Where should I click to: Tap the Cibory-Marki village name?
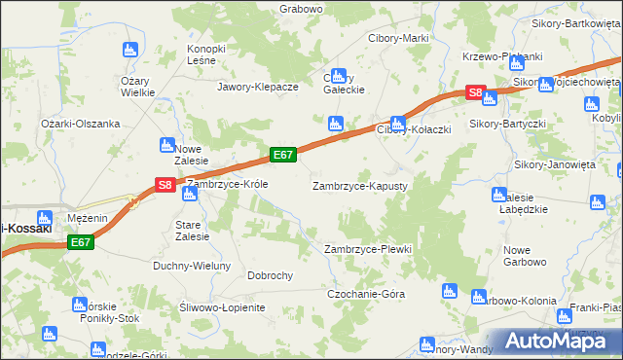398,38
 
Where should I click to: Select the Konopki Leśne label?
206,54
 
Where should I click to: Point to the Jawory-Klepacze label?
257,86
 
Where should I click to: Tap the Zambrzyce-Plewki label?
367,249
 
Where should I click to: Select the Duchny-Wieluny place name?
192,266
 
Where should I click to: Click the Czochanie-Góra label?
365,293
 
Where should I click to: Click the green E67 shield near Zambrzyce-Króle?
283,154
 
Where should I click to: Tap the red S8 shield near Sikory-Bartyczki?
474,93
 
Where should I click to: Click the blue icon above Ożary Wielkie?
128,50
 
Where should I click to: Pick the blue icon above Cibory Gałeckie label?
338,75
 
